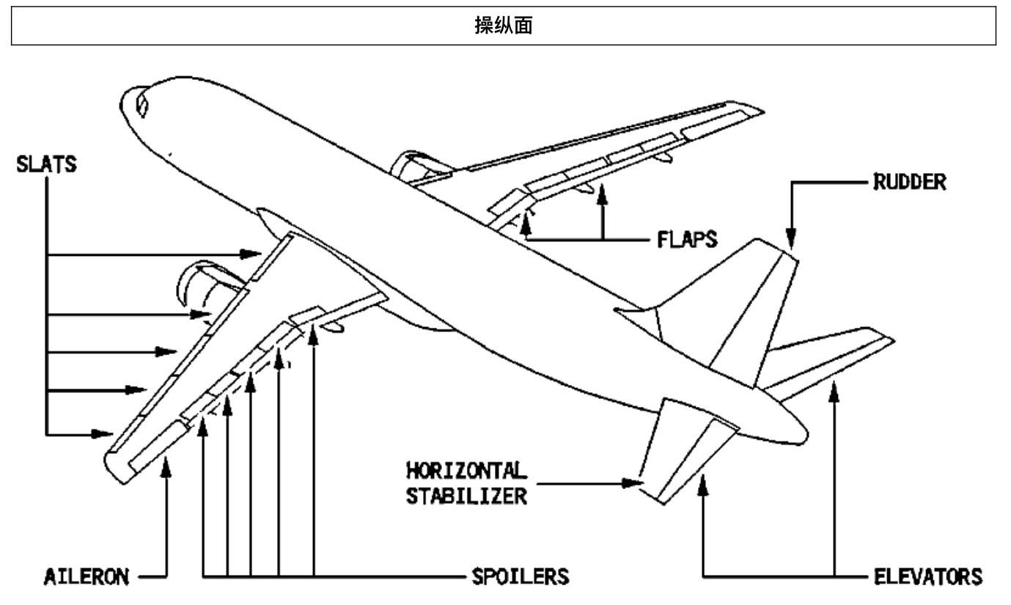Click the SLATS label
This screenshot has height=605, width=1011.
[x=46, y=164]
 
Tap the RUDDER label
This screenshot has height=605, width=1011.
[x=910, y=182]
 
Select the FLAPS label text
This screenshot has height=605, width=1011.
[x=687, y=239]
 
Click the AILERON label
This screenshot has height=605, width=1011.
[x=87, y=577]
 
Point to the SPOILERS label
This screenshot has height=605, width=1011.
[x=521, y=576]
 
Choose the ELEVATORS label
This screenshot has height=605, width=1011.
[x=928, y=576]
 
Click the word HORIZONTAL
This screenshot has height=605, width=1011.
[x=467, y=471]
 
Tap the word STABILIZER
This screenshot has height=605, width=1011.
[x=467, y=496]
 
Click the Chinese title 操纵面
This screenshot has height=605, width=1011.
[x=504, y=25]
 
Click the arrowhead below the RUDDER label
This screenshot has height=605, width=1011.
[x=791, y=238]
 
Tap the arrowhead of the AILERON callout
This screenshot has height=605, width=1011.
[x=166, y=467]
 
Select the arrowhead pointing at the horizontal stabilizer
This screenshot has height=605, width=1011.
[x=632, y=483]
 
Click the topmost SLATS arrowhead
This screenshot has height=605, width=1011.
[x=250, y=254]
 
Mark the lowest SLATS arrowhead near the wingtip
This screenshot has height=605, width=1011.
[x=102, y=434]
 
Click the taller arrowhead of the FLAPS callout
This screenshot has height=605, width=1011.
[x=602, y=194]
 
